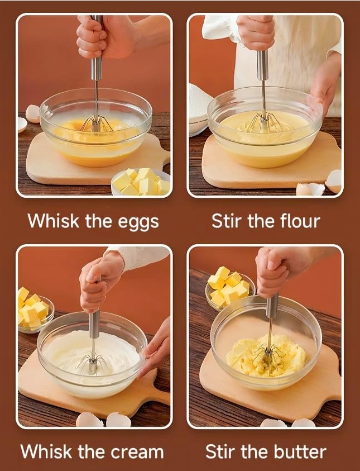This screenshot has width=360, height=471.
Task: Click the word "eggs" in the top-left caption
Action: (x=138, y=222)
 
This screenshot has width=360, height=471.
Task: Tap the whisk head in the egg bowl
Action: (x=97, y=124)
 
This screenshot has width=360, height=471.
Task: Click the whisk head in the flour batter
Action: (x=265, y=122)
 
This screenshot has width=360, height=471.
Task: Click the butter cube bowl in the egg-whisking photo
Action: (x=141, y=182)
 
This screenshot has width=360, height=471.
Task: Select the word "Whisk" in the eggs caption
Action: (x=54, y=221)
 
